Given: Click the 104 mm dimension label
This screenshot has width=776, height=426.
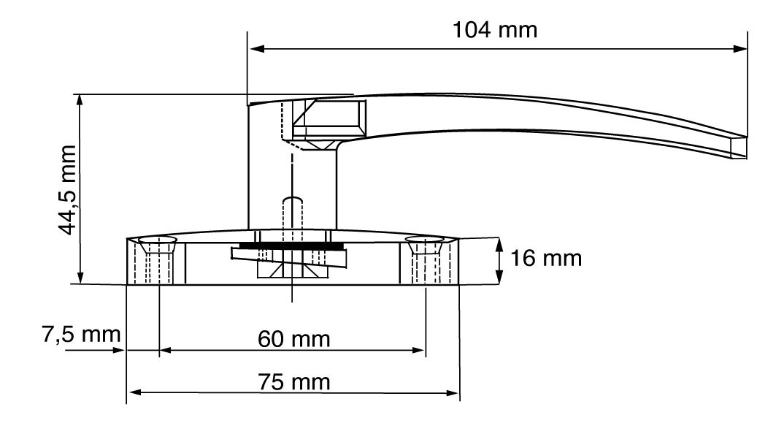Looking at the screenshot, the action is tap(495, 30).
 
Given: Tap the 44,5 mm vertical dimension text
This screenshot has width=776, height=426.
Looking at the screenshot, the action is tap(67, 190).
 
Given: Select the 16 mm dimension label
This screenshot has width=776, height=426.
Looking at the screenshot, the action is tap(546, 259).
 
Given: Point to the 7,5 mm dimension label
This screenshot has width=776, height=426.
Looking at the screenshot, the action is tap(81, 335).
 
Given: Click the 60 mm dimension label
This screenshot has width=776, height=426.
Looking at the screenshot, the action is tap(294, 339).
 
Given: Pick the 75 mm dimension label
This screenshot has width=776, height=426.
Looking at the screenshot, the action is tap(294, 382).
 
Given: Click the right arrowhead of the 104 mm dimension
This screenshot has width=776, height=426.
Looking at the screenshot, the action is tap(740, 48).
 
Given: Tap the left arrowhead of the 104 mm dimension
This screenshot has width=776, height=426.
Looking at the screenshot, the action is tap(255, 48).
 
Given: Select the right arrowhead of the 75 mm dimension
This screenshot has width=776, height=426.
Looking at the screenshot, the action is tap(453, 393).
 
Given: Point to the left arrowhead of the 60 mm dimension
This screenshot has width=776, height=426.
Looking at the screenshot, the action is tap(166, 351).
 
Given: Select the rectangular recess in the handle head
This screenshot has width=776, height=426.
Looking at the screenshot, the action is tap(330, 118).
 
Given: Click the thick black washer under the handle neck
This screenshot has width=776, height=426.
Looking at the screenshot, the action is tap(292, 246).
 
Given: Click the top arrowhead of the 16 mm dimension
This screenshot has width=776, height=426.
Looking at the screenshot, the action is tap(500, 246).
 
